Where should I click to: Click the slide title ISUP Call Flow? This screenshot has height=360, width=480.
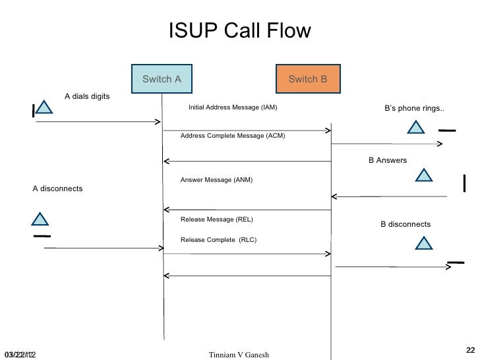tap(239, 32)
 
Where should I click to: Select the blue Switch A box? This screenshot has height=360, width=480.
tap(162, 79)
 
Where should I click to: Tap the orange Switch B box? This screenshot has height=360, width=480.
tap(308, 79)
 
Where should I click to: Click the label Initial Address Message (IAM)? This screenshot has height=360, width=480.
tap(233, 107)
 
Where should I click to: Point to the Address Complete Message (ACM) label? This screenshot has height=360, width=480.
tap(233, 135)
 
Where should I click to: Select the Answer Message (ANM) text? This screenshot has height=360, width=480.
tap(216, 179)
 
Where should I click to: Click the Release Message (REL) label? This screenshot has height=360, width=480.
tap(216, 219)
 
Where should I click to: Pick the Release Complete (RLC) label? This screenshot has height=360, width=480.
tap(218, 239)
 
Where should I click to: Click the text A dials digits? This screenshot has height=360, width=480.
tap(87, 96)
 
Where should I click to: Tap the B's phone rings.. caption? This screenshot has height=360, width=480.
tap(414, 108)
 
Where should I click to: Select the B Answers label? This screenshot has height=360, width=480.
tap(387, 160)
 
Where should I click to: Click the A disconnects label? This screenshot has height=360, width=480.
tap(58, 189)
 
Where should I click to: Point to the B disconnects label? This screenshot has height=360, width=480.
tap(405, 224)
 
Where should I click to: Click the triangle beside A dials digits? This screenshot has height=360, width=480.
tap(44, 108)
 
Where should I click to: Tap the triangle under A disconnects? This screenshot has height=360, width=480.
tap(40, 220)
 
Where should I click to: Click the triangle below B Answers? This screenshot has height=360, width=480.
tap(423, 175)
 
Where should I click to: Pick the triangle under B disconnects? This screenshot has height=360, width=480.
tap(423, 245)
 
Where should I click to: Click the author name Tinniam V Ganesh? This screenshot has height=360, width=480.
tap(238, 355)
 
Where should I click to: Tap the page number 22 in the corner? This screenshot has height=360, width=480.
tap(470, 350)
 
